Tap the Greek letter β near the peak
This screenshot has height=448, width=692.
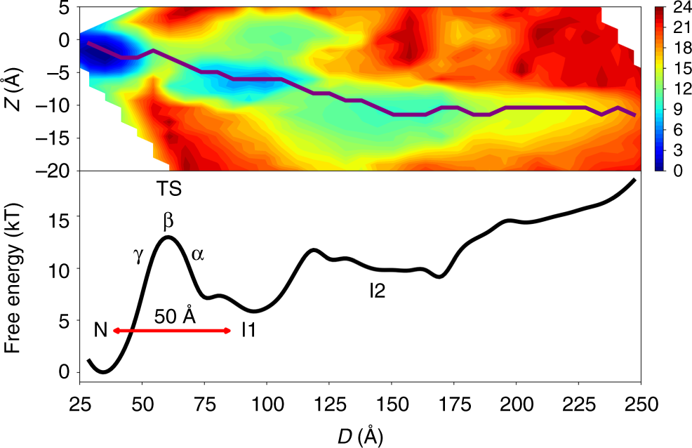pos(168,223)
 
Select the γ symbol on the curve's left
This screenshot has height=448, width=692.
pos(139,254)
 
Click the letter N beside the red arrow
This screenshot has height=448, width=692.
pos(100,330)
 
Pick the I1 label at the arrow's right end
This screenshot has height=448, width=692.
pos(248,330)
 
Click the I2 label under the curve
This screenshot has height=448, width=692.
pos(378,290)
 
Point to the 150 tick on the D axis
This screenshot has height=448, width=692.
pos(392,405)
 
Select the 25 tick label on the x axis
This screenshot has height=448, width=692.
pos(80,405)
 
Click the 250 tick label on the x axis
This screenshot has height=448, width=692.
pos(640,405)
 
